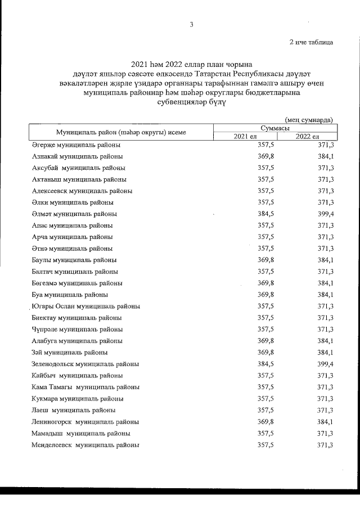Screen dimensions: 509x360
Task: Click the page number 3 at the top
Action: [x=191, y=24]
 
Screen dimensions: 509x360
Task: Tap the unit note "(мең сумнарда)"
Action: [x=309, y=119]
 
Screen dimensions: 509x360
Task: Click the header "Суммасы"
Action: [x=276, y=128]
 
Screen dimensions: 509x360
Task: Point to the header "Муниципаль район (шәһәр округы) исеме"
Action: [x=121, y=132]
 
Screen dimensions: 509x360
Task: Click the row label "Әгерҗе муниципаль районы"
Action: [x=76, y=145]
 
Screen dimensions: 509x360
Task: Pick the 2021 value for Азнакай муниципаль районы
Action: [x=265, y=156]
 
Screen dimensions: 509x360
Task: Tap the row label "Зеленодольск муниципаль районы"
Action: [x=85, y=364]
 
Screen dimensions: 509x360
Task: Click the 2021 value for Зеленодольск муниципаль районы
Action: [x=265, y=364]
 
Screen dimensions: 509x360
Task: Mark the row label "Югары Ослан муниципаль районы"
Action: [x=86, y=307]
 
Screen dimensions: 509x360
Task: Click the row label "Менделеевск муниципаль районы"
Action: [x=85, y=445]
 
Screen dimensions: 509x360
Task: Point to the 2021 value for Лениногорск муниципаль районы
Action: [x=265, y=422]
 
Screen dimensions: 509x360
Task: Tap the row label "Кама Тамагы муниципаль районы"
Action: [x=86, y=387]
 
